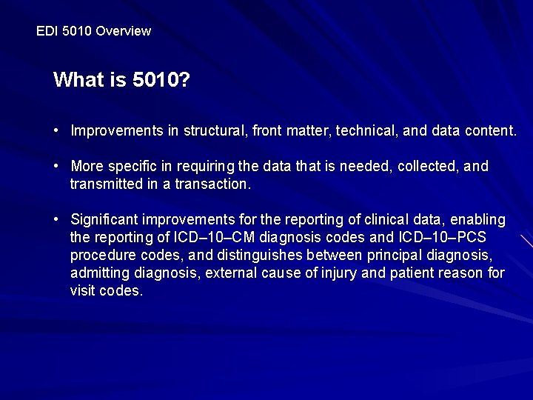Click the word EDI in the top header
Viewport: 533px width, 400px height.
[x=46, y=31]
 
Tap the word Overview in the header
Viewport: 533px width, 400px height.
[x=123, y=31]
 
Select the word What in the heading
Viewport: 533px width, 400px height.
[x=78, y=80]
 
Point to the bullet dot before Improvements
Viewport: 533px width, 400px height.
[x=56, y=131]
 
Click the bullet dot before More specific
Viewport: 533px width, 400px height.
[x=56, y=167]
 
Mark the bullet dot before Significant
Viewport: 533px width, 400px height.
[x=56, y=220]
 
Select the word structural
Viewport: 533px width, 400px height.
[x=213, y=131]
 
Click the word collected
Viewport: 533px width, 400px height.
[x=428, y=167]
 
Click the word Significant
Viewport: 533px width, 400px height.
[x=104, y=220]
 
